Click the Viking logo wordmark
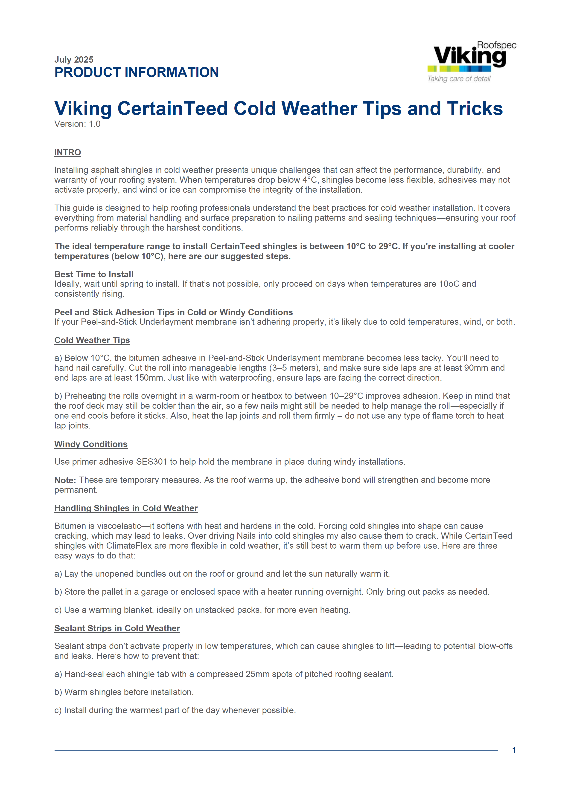[x=469, y=56]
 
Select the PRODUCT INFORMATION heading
[x=137, y=72]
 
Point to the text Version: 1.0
[x=77, y=124]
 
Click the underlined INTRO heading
[x=67, y=153]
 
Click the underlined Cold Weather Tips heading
[x=92, y=340]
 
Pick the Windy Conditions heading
[x=91, y=444]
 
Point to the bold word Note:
[x=65, y=480]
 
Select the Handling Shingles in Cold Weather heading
[x=126, y=508]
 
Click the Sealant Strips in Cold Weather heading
[x=117, y=628]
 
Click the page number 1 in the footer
[x=514, y=750]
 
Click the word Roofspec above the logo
[x=496, y=45]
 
